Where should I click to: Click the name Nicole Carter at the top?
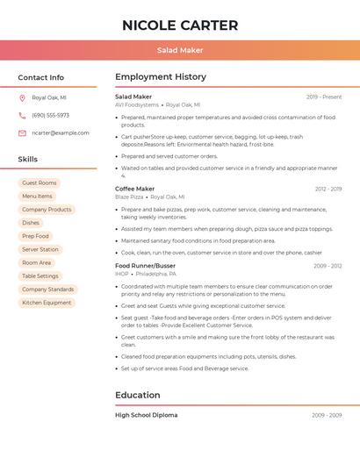[180, 25]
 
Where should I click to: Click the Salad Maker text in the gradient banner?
[180, 50]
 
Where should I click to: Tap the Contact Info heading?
[40, 77]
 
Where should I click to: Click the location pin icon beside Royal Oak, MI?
[22, 98]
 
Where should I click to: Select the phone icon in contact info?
[22, 115]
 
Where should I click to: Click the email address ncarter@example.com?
[61, 132]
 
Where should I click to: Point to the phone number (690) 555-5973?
[50, 115]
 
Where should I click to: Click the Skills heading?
[28, 160]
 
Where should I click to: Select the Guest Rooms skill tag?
[40, 183]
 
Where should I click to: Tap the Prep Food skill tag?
[36, 236]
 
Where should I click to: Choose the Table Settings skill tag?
[40, 275]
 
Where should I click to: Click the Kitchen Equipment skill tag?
[47, 303]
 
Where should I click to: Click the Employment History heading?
[160, 77]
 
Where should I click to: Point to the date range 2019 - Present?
[324, 97]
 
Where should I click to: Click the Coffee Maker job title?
[134, 189]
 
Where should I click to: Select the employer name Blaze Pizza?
[129, 197]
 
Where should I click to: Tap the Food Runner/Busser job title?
[145, 266]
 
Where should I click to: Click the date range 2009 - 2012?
[328, 266]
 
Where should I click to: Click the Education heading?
[138, 395]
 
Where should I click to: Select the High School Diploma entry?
[146, 415]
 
